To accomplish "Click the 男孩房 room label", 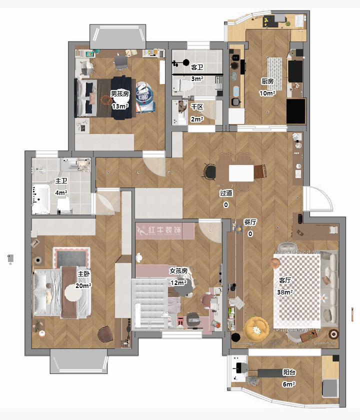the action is point(119,94).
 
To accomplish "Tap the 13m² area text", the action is point(120,106).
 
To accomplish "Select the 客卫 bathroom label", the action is point(197,67).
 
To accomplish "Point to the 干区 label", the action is point(197,107).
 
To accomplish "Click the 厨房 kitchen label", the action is point(267,81).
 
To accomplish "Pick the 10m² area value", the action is point(267,93).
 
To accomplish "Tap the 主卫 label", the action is point(61,181).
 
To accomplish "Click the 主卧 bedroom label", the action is point(83,274).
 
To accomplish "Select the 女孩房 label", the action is point(178,271).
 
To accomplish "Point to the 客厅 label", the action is point(284,280).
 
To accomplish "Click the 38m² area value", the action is point(284,292).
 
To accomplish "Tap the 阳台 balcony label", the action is point(289,372).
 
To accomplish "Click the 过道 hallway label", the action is point(226,193).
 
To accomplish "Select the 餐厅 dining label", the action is point(250,222).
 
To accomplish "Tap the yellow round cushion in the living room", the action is point(256,329).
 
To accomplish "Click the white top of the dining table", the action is point(241,173).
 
